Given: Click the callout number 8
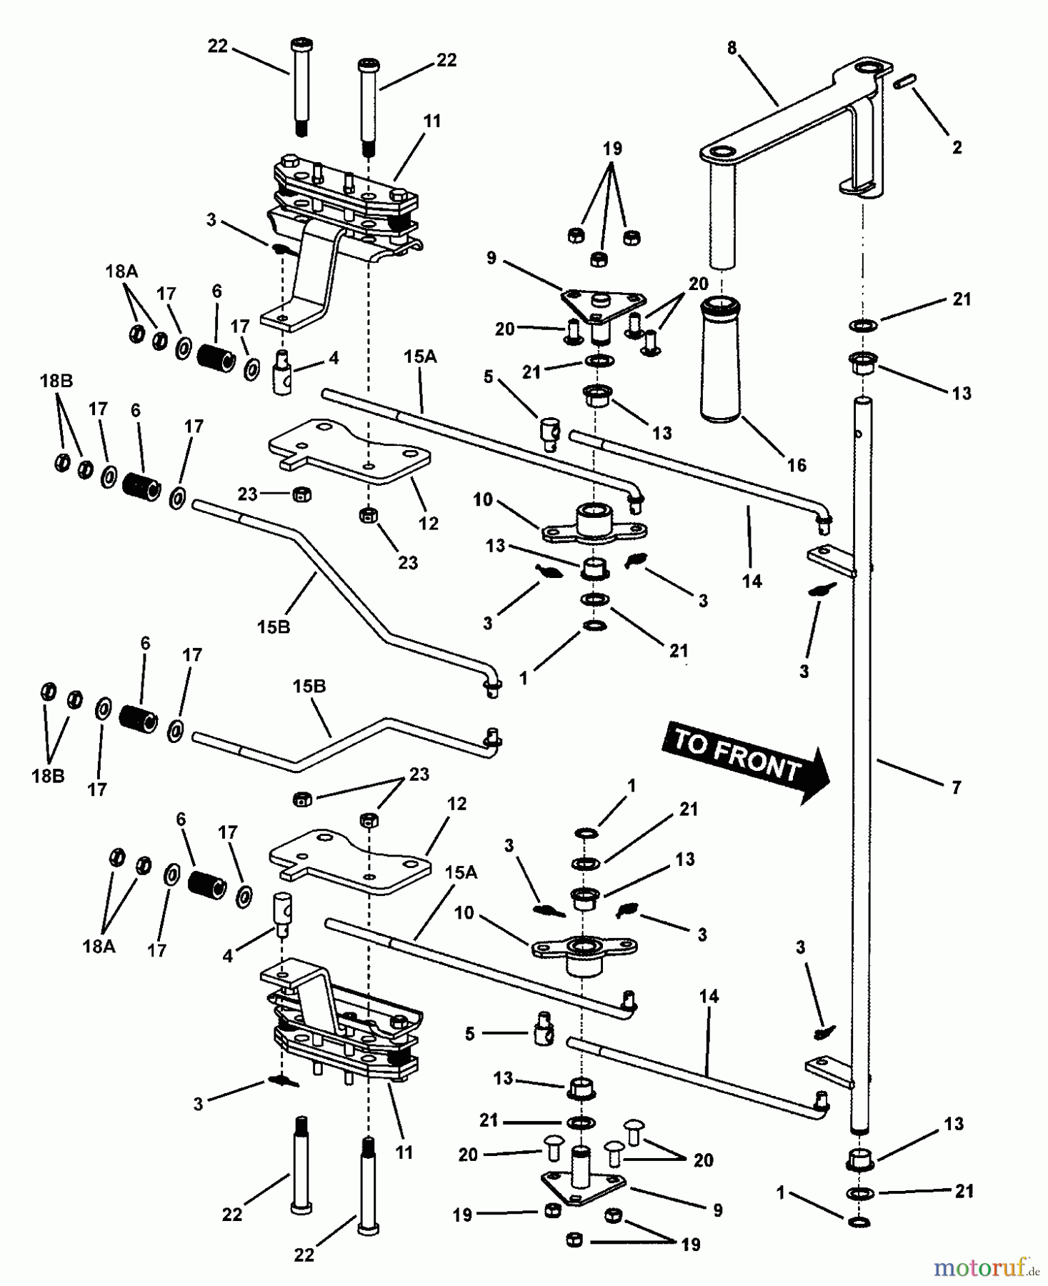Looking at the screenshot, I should click(x=732, y=49).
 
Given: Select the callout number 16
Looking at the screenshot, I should click(x=796, y=465).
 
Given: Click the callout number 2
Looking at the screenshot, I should click(x=957, y=147).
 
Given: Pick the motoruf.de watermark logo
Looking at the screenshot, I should click(x=986, y=1268).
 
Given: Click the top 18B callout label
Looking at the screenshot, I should click(x=56, y=381).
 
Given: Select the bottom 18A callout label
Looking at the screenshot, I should click(x=100, y=947).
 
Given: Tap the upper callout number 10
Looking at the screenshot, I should click(x=483, y=499).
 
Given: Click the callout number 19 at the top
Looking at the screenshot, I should click(x=612, y=149).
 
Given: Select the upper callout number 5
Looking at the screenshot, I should click(x=488, y=377).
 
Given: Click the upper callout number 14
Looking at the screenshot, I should click(x=752, y=582).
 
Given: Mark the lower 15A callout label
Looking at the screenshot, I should click(x=460, y=872).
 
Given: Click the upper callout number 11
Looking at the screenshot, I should click(x=431, y=121).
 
